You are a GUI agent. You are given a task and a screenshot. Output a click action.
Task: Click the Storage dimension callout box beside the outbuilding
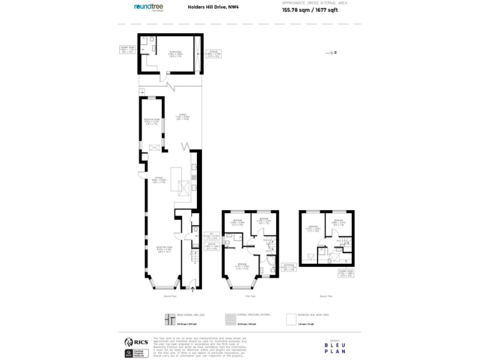[214, 54]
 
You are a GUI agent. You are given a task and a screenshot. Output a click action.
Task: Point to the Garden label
[182, 116]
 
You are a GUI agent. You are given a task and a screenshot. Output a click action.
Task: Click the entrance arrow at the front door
[192, 288]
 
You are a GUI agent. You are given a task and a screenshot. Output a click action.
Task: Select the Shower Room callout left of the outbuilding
[127, 49]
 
